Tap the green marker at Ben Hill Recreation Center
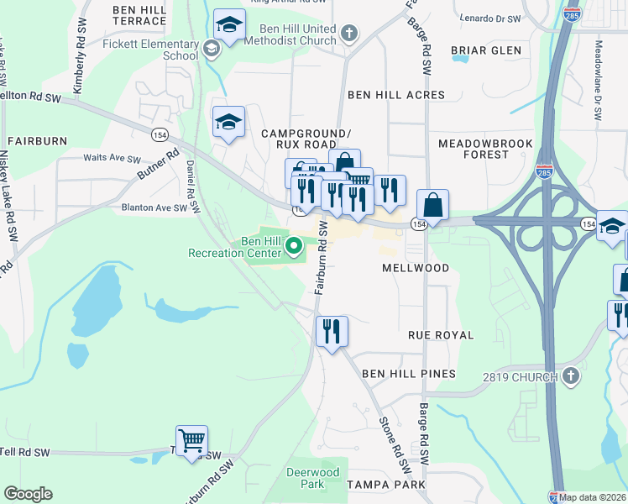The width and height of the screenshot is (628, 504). [x=294, y=247]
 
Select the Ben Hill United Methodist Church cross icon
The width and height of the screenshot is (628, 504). [x=349, y=34]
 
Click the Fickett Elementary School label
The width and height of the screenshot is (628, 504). [x=169, y=50]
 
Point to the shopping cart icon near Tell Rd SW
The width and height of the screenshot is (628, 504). [x=191, y=439]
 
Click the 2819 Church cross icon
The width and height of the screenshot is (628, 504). [x=571, y=376]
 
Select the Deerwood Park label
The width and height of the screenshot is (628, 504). [x=312, y=478]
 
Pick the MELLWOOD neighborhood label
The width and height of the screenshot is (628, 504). [x=416, y=268]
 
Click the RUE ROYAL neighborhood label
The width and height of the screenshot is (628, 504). [x=441, y=335]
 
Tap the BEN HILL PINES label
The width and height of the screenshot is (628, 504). [x=409, y=373]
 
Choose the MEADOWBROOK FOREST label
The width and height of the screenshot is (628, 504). [x=485, y=149]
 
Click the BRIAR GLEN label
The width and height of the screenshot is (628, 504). [x=486, y=50]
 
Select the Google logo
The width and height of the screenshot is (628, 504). [x=28, y=494]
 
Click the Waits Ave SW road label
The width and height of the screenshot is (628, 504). [x=112, y=158]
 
